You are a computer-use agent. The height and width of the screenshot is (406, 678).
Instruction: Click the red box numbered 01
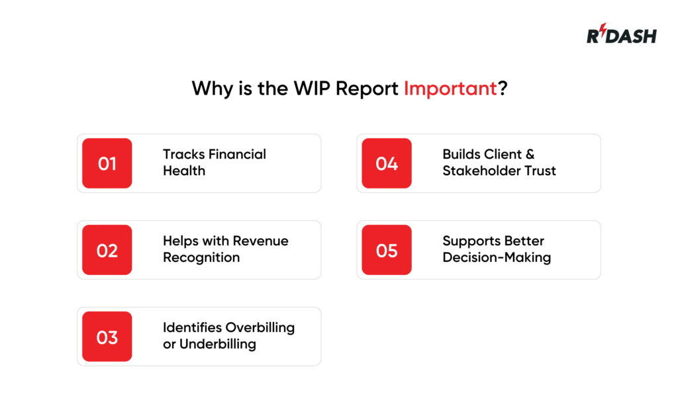pos(107,163)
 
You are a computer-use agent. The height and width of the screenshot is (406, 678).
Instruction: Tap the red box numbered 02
pos(107,250)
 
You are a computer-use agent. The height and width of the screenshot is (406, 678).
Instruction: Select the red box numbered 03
pos(107,337)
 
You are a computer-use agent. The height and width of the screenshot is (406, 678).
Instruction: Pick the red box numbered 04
pos(387,163)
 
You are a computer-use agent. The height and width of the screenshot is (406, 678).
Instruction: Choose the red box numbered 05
pos(387,250)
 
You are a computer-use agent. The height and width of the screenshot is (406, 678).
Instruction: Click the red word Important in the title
pos(450,89)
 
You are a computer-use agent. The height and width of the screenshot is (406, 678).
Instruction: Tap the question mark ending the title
pos(503,89)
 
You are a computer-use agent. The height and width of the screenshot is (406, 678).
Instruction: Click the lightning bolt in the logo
pos(603,30)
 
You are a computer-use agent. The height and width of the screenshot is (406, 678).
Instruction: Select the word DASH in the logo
pos(631,36)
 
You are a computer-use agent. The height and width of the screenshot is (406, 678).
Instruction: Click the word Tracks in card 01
pos(184,154)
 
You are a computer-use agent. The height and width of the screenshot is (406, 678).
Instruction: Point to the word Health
pos(184,171)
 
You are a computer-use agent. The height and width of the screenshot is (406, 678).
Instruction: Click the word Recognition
pos(201,258)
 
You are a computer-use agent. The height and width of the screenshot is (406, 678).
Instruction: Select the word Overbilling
pos(260,328)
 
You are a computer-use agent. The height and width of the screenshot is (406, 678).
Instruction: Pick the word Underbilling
pos(217,345)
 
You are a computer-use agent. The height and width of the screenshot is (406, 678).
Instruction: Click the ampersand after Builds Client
pos(530,154)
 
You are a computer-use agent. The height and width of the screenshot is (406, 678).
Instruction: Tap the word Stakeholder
pos(481,171)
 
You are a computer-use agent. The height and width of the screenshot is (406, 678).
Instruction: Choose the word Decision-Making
pos(497,258)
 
